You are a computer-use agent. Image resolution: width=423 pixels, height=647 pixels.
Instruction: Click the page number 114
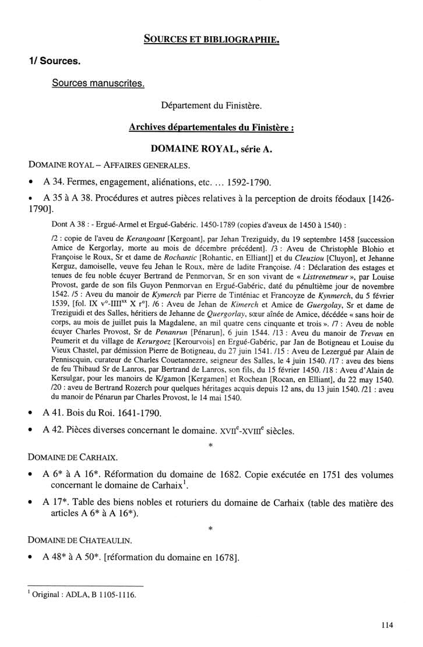pos(388,625)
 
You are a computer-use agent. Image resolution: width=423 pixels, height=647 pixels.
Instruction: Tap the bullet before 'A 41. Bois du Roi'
pos(30,414)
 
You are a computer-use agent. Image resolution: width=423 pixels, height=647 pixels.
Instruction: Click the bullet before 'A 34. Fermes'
pos(30,182)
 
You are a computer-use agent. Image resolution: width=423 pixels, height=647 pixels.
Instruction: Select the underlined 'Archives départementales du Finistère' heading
pos(211,128)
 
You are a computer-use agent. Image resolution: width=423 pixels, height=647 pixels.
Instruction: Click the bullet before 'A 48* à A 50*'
pos(30,558)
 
